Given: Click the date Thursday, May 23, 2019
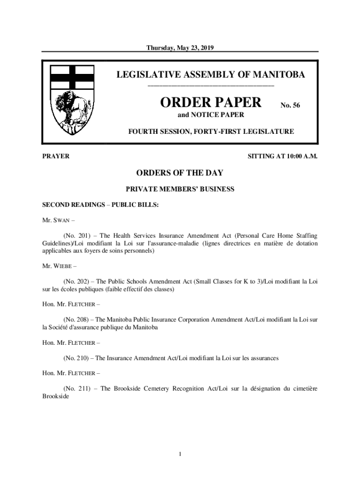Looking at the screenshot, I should pos(180,48).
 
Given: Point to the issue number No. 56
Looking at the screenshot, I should pos(290,106).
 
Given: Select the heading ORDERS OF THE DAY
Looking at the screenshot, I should pos(180,173).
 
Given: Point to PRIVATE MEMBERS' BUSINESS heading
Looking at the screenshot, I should pos(180,189).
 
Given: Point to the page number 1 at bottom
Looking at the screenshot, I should pos(180,454).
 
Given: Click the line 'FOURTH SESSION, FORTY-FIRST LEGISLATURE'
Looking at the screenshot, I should pos(211,132).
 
